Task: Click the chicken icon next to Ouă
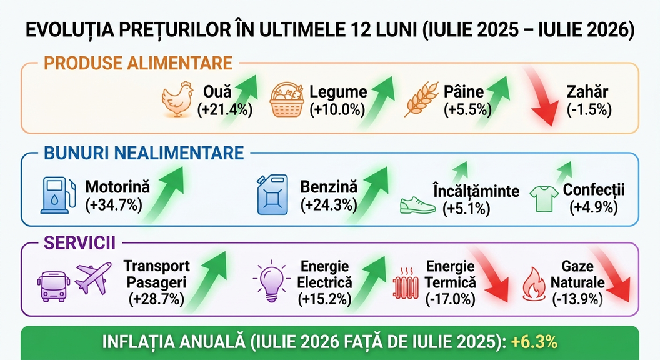177,99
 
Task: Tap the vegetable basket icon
287,100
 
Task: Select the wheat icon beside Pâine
421,99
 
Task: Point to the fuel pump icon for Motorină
59,195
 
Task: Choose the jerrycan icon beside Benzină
272,194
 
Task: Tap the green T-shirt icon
544,199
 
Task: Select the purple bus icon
54,286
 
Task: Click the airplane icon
94,278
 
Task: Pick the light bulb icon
271,281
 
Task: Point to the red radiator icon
406,282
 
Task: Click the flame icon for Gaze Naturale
534,284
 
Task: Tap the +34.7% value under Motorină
114,205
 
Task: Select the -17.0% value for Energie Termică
451,299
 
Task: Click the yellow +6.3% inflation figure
534,342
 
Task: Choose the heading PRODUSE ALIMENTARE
138,63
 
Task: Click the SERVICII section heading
79,243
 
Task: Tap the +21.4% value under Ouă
225,110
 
